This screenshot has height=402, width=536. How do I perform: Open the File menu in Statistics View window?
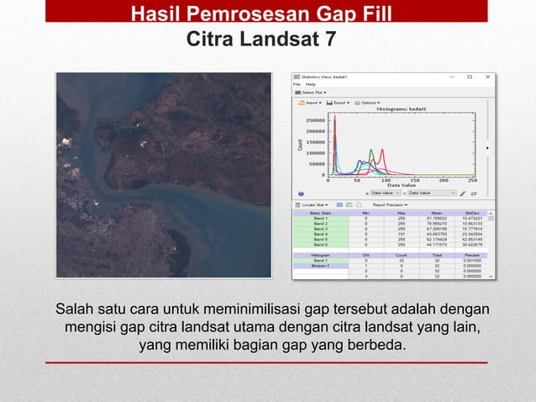click(297, 84)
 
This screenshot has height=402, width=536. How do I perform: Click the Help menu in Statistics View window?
click(310, 84)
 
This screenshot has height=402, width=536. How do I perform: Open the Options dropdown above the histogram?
click(370, 102)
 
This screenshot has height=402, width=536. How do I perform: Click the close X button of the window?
click(488, 77)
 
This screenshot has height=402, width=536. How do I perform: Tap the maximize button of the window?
click(469, 77)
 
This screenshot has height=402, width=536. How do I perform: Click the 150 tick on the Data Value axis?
click(414, 179)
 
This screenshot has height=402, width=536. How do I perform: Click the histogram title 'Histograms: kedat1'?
click(401, 109)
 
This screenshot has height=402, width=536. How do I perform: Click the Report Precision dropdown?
click(390, 204)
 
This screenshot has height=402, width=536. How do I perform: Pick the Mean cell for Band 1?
click(437, 218)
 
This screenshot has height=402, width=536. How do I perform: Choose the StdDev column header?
click(473, 213)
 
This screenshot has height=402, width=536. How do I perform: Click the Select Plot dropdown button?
click(313, 92)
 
